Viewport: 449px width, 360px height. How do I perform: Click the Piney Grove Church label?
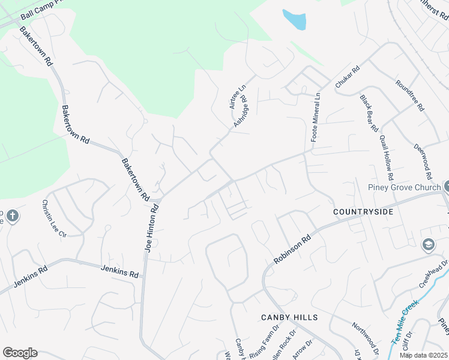tap(405, 187)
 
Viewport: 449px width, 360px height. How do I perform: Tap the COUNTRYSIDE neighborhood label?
tap(363, 212)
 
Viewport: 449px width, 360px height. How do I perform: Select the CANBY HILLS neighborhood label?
tap(289, 317)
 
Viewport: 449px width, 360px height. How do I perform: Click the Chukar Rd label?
tap(347, 79)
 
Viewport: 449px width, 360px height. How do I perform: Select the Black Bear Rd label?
tap(369, 113)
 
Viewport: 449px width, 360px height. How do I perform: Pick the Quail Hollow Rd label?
tap(386, 158)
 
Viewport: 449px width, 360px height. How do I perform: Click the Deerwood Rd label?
tap(423, 161)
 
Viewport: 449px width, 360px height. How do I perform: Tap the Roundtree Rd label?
tap(411, 97)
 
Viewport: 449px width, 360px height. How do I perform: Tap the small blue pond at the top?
tap(294, 20)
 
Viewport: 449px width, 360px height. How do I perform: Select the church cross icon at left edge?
tap(12, 215)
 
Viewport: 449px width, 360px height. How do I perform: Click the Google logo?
tap(20, 353)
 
